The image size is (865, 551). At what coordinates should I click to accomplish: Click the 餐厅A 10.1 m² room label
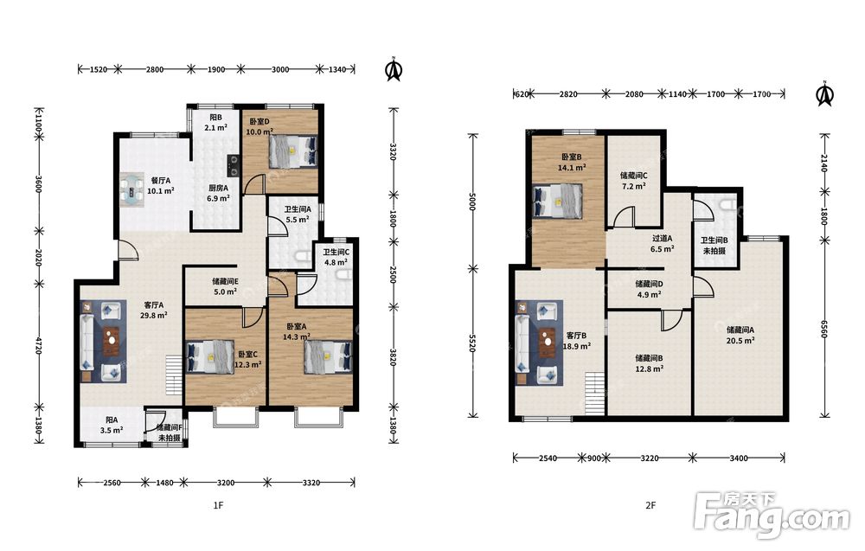click(161, 186)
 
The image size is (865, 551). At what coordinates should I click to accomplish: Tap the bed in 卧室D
click(293, 151)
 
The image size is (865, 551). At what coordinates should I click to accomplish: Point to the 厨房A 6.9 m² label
click(218, 193)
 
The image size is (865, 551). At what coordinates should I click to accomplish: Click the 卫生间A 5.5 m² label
click(298, 215)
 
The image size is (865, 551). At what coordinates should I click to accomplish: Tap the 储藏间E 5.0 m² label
click(225, 287)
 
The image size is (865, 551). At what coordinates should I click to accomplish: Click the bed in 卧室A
click(328, 357)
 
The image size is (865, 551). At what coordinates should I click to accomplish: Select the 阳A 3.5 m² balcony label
click(112, 426)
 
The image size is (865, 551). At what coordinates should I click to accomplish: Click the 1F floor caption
click(219, 505)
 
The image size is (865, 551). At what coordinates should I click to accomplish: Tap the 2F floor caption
click(651, 505)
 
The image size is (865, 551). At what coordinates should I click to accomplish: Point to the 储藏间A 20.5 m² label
click(740, 336)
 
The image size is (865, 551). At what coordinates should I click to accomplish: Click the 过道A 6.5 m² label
click(662, 244)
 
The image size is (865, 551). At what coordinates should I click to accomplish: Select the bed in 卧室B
click(557, 201)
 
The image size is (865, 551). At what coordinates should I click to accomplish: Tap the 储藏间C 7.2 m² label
click(634, 181)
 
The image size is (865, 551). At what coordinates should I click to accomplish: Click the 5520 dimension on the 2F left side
click(472, 343)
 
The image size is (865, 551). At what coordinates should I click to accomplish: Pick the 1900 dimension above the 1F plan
click(216, 69)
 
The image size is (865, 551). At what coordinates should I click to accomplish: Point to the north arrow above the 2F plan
click(824, 93)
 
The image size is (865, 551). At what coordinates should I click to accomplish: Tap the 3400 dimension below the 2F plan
click(739, 458)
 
